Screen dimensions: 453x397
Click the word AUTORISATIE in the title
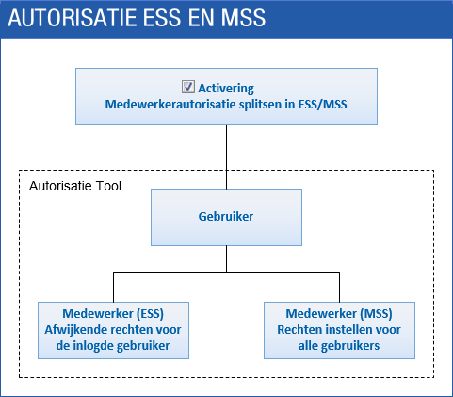(x=73, y=18)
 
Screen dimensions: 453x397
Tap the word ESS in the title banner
(x=162, y=18)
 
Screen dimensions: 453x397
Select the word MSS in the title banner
(x=243, y=18)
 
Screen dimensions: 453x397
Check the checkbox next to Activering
(x=188, y=87)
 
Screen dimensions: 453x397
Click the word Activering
(x=226, y=89)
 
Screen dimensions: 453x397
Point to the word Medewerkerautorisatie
(x=170, y=104)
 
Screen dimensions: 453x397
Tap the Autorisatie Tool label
(x=75, y=186)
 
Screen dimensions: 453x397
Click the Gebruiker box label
(x=226, y=217)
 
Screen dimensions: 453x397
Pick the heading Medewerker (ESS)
(x=113, y=314)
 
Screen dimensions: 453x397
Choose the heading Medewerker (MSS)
(x=339, y=314)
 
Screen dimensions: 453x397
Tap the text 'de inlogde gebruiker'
(x=113, y=346)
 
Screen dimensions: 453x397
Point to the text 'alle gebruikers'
(x=339, y=346)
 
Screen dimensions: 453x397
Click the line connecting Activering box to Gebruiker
(x=226, y=157)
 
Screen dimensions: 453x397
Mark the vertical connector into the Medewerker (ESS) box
(x=113, y=288)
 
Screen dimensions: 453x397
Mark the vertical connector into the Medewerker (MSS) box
(x=339, y=288)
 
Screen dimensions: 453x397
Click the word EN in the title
(x=201, y=18)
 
